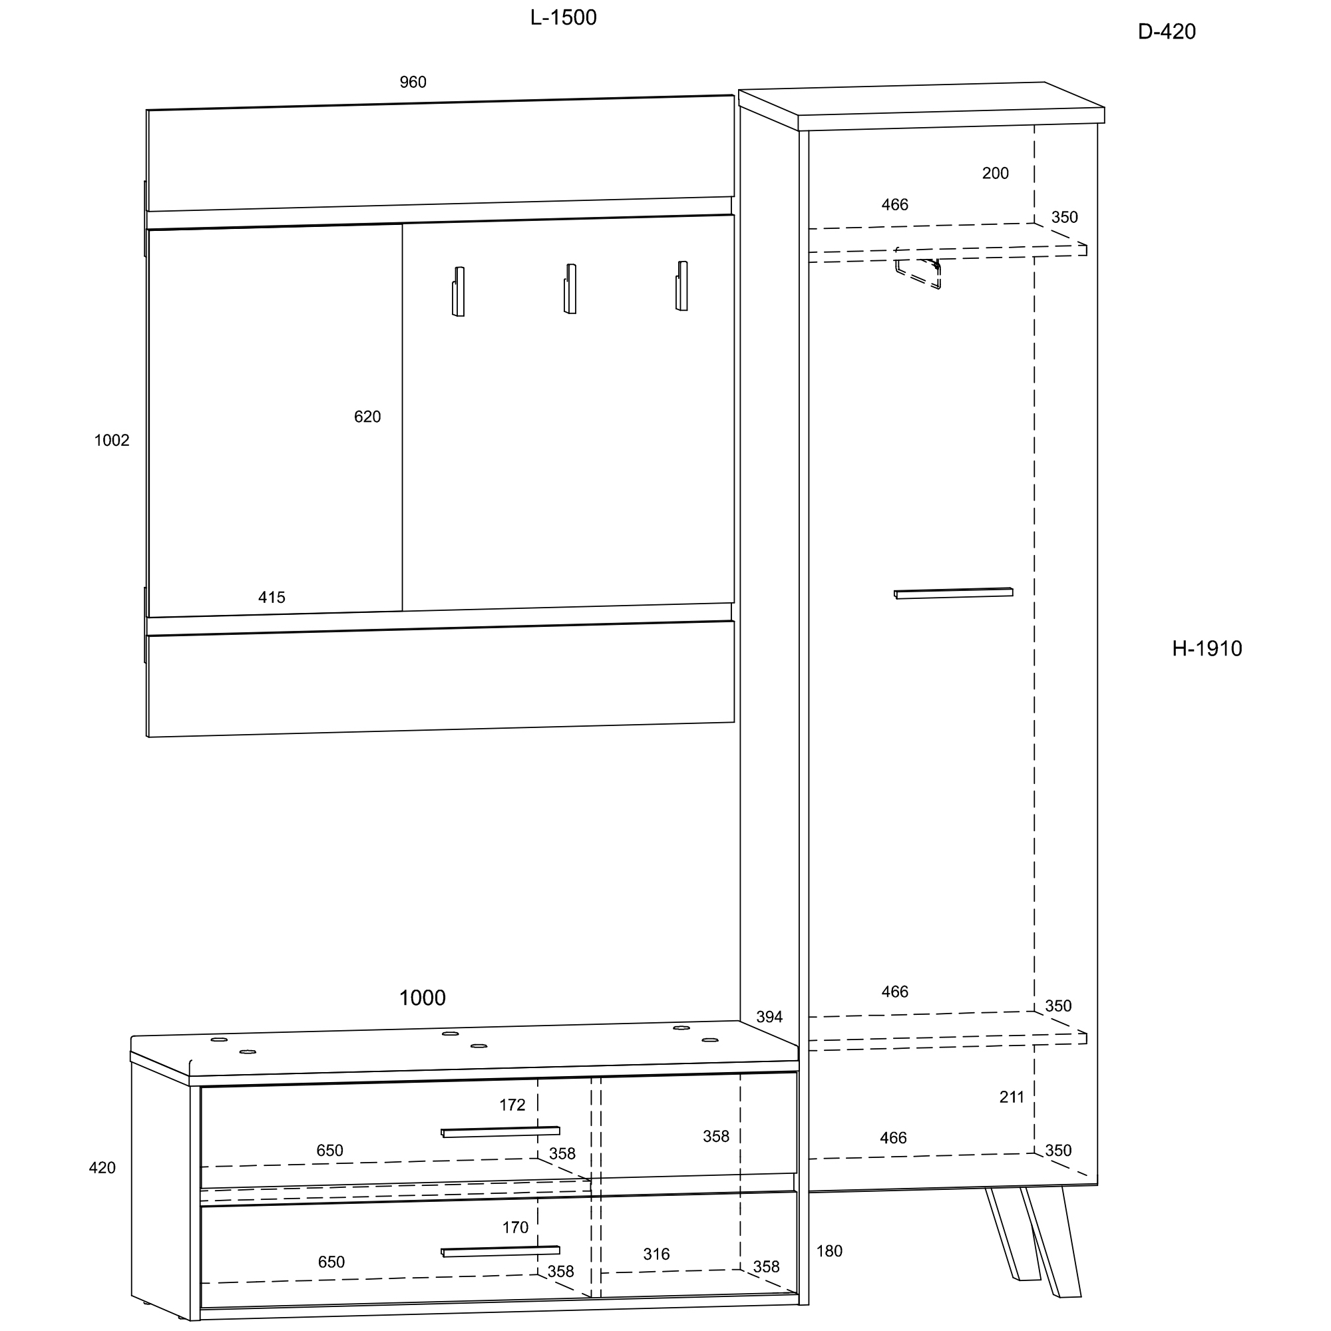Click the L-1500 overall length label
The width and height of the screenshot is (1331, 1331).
(563, 18)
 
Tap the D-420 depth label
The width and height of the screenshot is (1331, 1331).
(1167, 32)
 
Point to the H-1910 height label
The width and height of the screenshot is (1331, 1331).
(1207, 648)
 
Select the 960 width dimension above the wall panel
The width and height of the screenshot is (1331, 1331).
(413, 82)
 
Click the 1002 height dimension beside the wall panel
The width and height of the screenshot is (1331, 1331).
(112, 440)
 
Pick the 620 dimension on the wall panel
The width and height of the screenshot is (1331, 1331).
(367, 417)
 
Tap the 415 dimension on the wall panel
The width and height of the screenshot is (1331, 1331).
(272, 598)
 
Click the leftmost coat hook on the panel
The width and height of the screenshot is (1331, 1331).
(458, 291)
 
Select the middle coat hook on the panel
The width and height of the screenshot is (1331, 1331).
(570, 289)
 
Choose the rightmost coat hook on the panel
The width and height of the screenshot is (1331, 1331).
(681, 286)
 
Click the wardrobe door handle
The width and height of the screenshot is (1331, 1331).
(954, 593)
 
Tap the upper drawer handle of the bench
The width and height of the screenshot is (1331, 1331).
(500, 1132)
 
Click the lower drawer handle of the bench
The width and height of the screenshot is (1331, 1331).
(500, 1251)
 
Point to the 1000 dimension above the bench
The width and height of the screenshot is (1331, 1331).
(423, 998)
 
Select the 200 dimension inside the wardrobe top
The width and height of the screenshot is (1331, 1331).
(995, 174)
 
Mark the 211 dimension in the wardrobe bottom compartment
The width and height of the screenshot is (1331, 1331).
(1012, 1097)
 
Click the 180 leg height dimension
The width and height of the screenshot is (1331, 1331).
(829, 1252)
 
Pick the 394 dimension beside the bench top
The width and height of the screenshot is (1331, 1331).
(769, 1017)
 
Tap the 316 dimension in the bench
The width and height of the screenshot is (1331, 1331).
(656, 1254)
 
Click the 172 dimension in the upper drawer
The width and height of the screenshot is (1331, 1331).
(512, 1105)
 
